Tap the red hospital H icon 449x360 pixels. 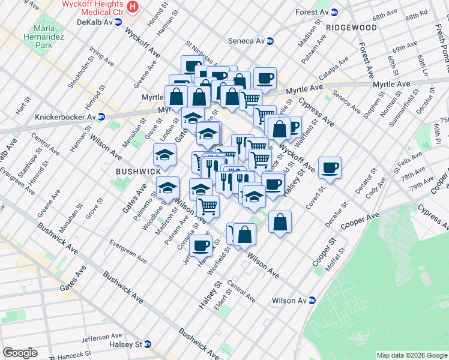point(134,7)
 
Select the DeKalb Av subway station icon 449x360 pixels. point(118,22)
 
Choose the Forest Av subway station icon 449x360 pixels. point(333,12)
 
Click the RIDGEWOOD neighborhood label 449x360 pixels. point(352,28)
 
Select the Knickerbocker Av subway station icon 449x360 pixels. point(101,116)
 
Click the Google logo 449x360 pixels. point(20,353)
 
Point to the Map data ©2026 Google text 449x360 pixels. point(411,355)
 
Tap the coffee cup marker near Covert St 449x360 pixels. point(330,167)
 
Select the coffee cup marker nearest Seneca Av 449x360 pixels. point(265,77)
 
